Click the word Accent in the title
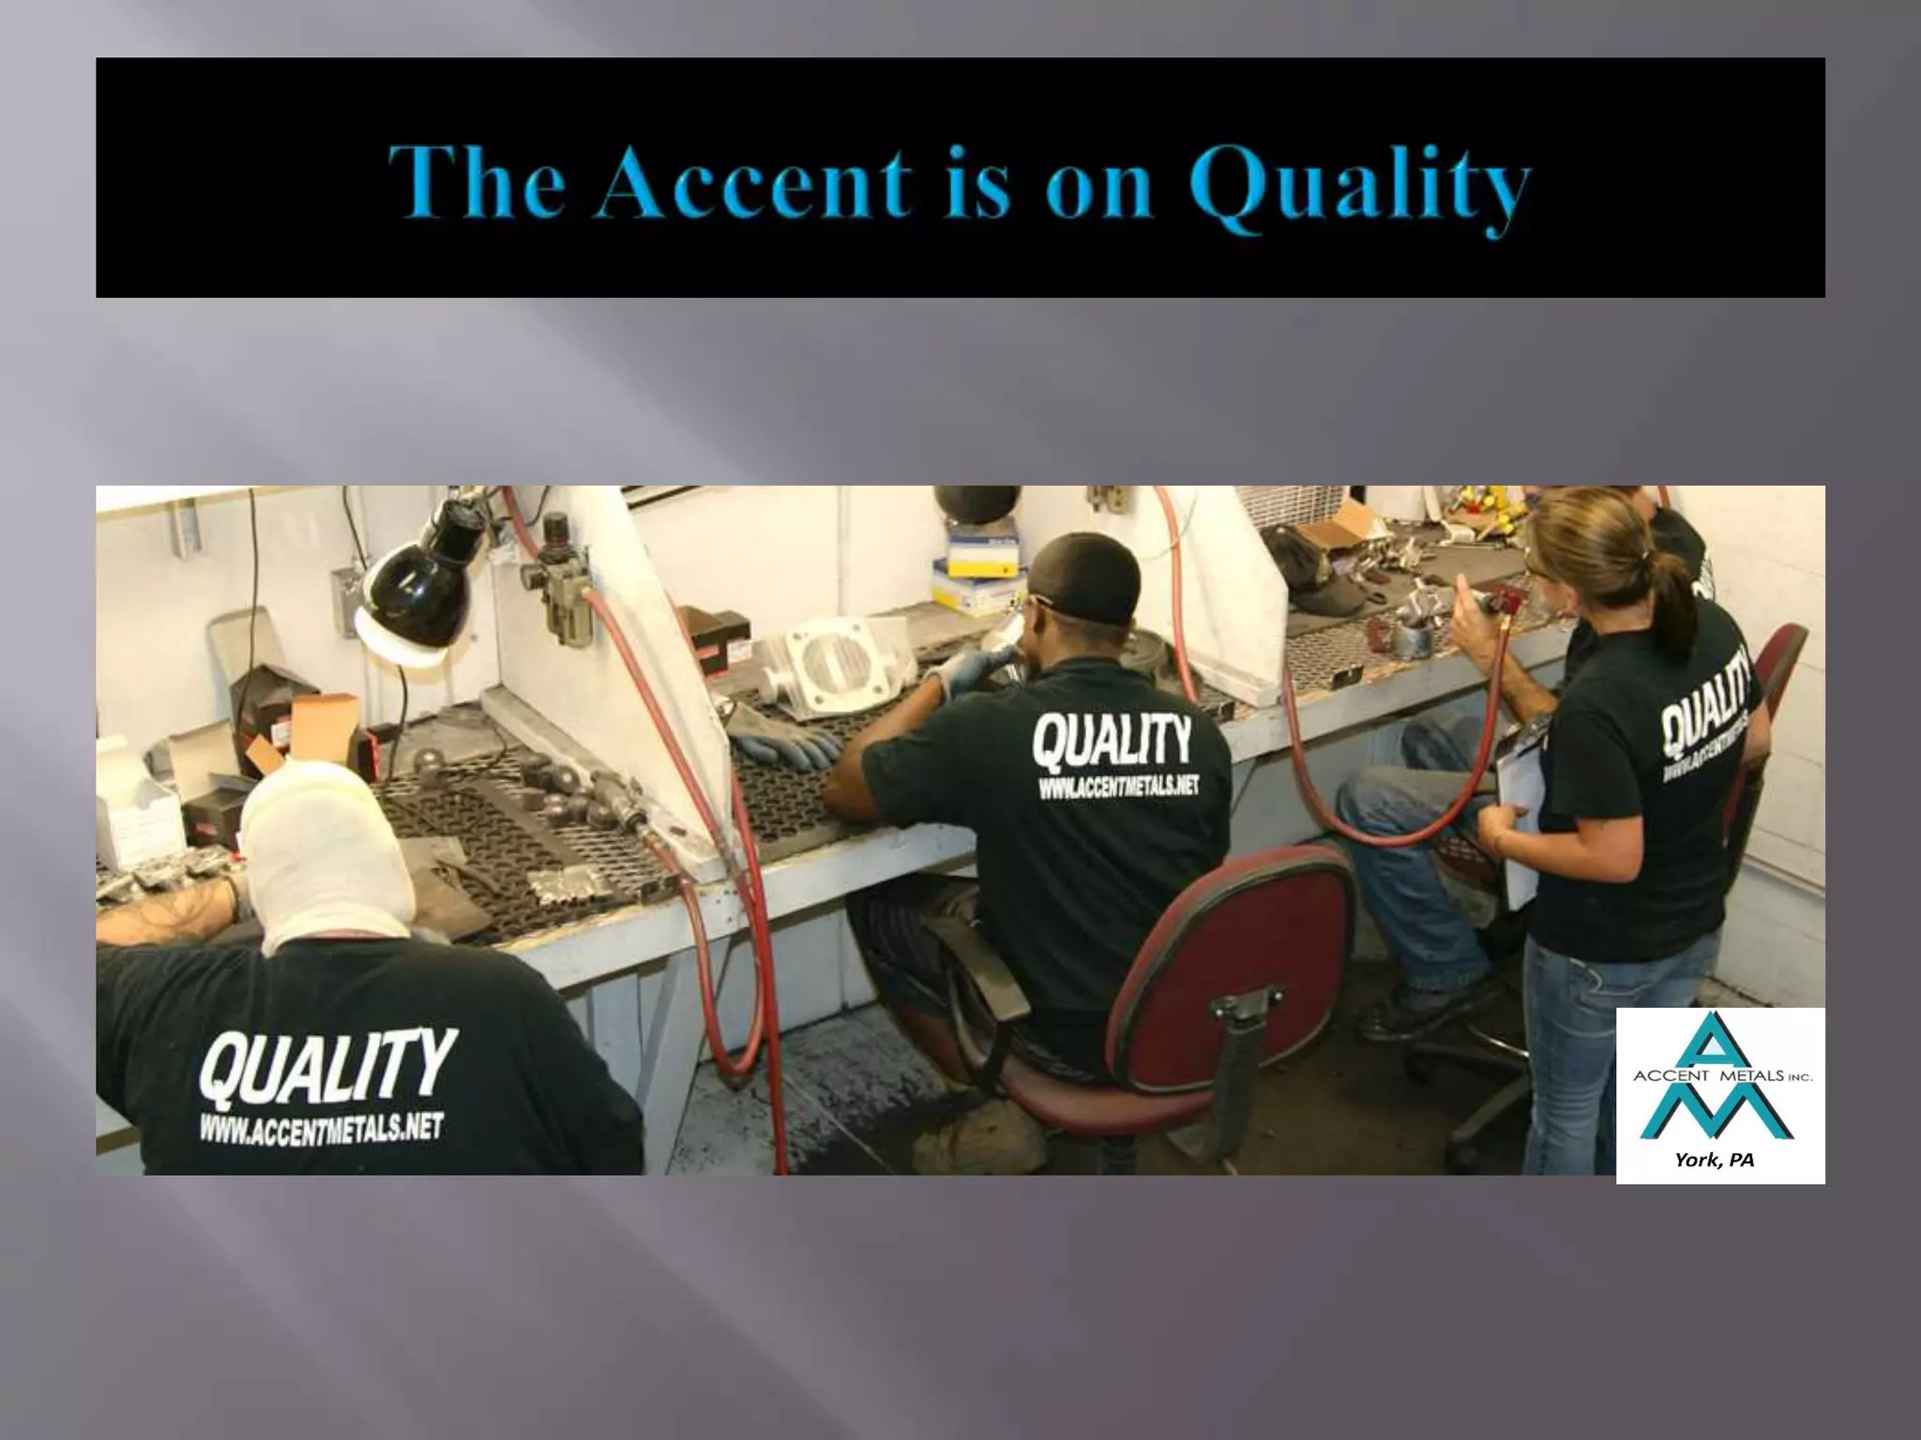pos(756,182)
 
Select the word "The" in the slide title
pos(476,182)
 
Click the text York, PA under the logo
pos(1715,1160)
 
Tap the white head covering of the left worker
pos(328,844)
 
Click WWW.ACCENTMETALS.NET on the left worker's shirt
pos(321,1128)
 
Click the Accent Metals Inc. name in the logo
pos(1722,1076)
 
